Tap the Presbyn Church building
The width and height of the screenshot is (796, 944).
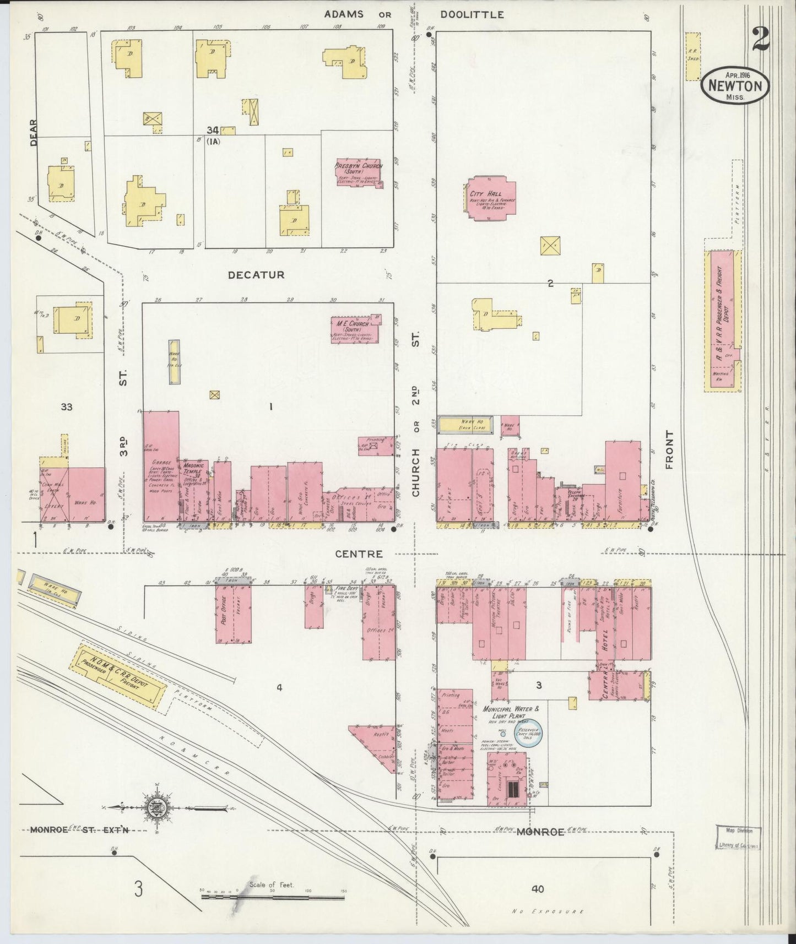click(359, 173)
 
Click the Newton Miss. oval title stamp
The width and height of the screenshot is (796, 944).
click(735, 86)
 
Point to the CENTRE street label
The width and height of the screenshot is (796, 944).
click(359, 554)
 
